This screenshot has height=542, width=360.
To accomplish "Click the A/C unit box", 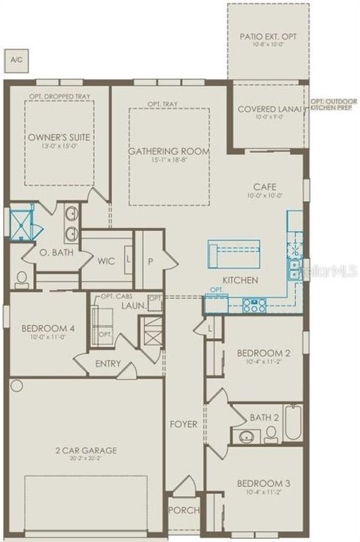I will (x=15, y=58).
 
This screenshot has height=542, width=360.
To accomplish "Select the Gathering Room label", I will (x=168, y=151).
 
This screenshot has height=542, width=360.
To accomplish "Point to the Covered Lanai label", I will (x=268, y=108).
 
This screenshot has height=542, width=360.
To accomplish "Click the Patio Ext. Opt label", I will (x=267, y=36).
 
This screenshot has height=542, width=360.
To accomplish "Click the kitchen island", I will (x=234, y=253).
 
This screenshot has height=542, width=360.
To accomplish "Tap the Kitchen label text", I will (x=240, y=280).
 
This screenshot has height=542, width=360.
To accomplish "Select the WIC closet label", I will (x=105, y=261).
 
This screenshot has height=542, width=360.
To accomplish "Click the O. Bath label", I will (x=56, y=252).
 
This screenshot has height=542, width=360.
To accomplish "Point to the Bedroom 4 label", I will (x=48, y=328).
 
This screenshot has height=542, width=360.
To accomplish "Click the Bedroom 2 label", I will (x=264, y=353).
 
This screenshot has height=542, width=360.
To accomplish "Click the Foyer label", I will (x=183, y=424).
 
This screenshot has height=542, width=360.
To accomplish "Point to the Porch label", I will (x=185, y=510).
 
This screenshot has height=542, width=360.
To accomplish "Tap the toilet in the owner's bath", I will (x=21, y=279).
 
